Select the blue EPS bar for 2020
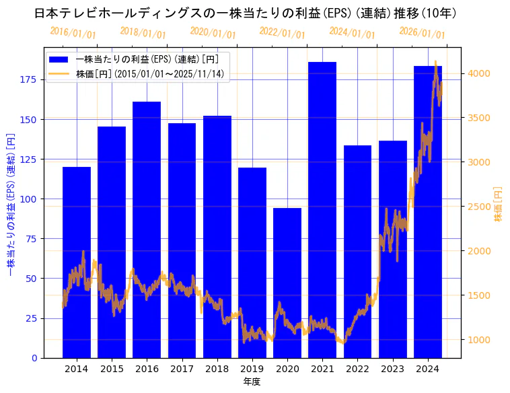(287, 283)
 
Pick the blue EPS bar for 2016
(147, 229)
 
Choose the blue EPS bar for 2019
(252, 262)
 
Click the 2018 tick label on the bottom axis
(217, 368)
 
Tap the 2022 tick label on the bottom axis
(357, 368)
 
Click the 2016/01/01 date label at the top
(73, 33)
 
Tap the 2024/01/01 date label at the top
(352, 33)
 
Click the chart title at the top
(246, 13)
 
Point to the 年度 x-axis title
(252, 382)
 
